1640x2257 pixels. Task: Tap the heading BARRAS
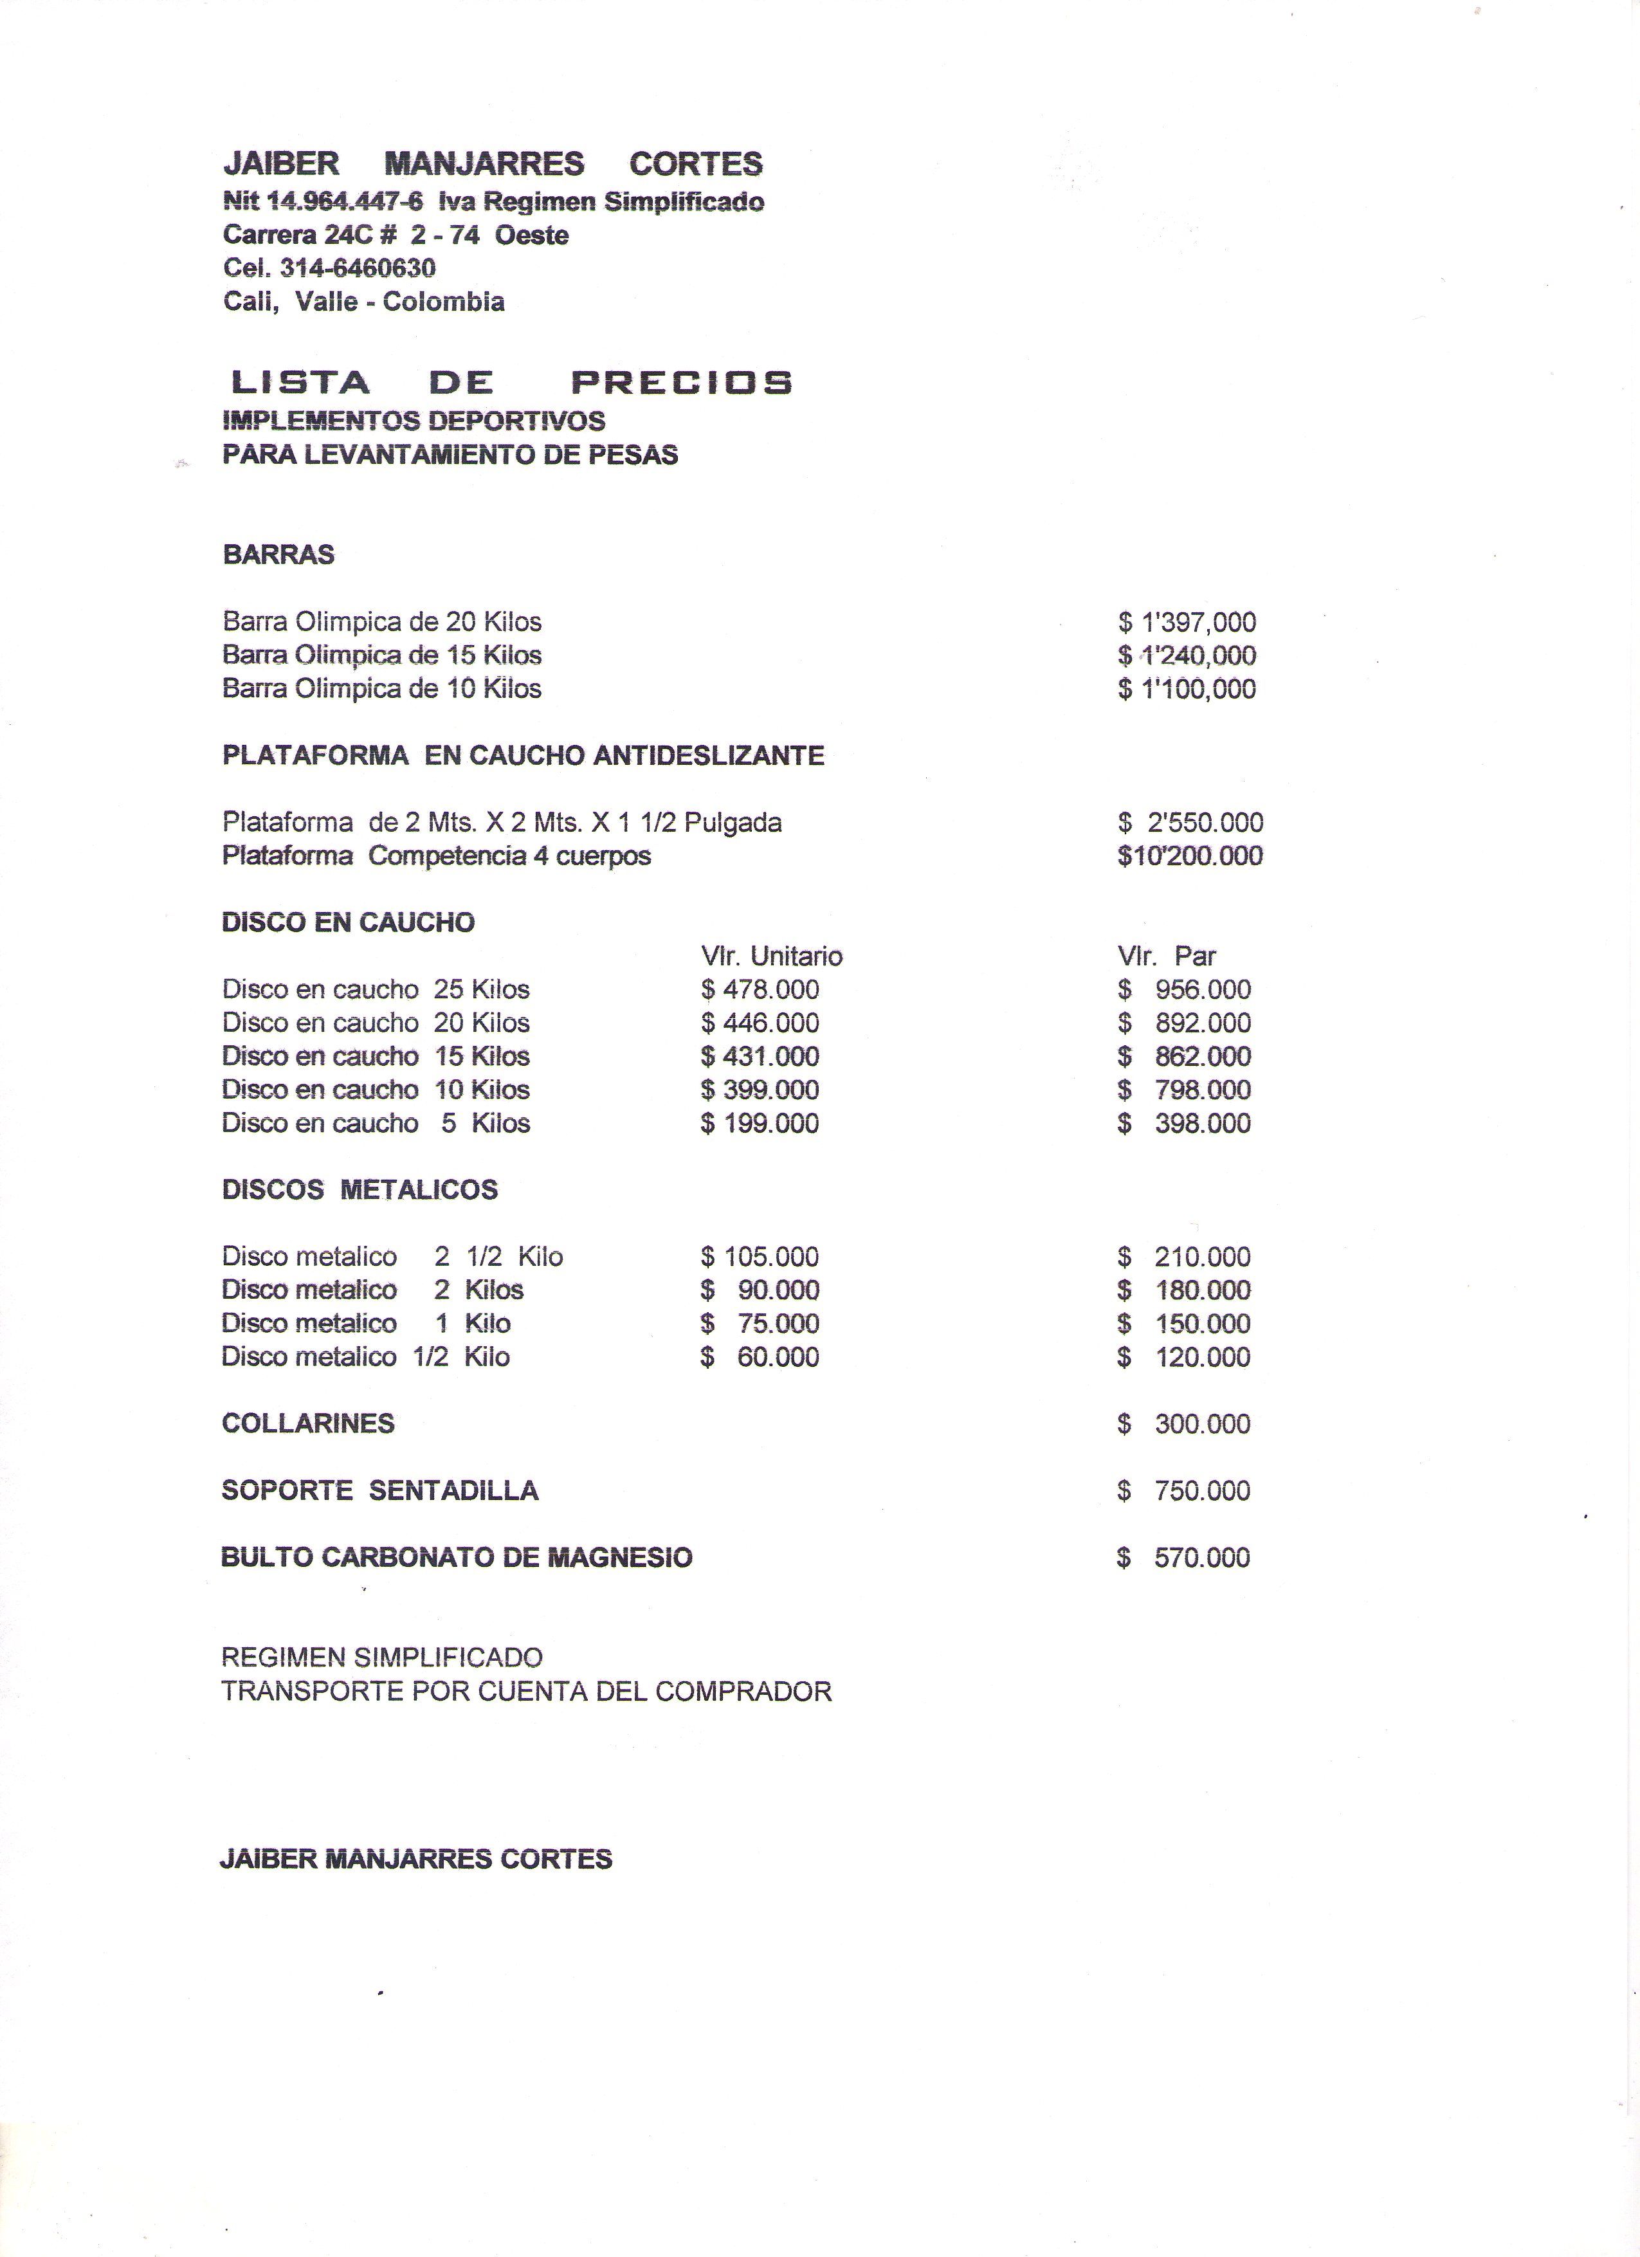(x=278, y=554)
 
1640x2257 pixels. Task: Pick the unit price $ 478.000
(x=760, y=989)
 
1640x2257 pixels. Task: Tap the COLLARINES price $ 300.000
(x=1184, y=1424)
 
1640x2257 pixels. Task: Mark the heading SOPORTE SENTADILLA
(x=379, y=1491)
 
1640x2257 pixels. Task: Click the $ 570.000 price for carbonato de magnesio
(x=1183, y=1557)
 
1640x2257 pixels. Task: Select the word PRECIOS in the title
(x=682, y=382)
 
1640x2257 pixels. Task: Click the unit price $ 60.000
(x=760, y=1357)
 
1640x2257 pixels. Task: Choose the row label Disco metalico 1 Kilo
(x=365, y=1324)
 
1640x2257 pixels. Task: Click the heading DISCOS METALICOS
(x=360, y=1189)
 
